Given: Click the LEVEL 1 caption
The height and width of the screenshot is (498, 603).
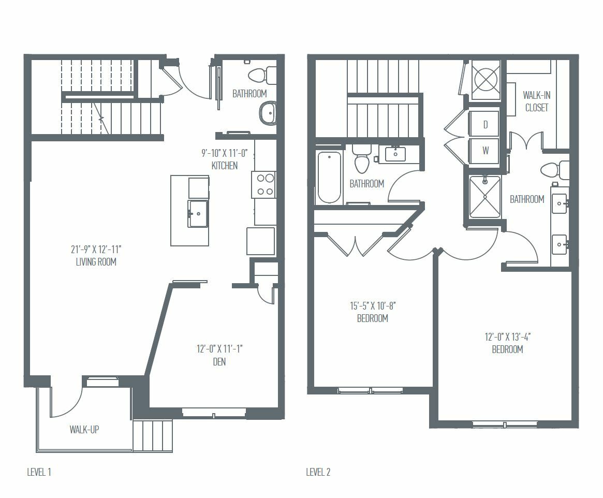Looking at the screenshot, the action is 39,472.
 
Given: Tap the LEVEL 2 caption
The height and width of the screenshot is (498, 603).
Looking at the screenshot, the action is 318,472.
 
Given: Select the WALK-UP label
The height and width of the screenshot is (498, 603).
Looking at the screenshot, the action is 84,430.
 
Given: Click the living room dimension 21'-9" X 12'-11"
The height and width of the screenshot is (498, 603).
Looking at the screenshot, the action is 96,249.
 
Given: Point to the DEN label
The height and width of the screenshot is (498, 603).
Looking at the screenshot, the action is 219,362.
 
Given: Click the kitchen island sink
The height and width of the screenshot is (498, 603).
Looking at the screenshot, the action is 198,213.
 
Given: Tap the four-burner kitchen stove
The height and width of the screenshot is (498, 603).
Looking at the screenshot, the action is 263,185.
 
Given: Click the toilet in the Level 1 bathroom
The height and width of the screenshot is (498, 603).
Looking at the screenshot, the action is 262,76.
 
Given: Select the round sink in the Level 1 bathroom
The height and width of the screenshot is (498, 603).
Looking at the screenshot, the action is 268,113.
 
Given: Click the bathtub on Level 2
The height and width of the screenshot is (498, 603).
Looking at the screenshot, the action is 329,177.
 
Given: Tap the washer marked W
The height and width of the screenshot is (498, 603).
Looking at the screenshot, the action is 484,150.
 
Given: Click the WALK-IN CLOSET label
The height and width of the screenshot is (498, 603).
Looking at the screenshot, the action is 536,101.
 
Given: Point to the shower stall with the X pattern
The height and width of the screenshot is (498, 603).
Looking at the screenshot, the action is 486,197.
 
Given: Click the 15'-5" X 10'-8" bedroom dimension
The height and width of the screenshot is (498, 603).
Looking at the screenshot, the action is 373,306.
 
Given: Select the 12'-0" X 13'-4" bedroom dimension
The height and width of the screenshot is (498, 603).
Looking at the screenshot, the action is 508,337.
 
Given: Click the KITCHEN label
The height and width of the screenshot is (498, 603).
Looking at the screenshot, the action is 225,166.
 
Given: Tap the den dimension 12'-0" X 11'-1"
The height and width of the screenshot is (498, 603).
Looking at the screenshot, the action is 219,349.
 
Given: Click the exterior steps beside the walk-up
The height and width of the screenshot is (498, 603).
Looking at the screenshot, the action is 153,435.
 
